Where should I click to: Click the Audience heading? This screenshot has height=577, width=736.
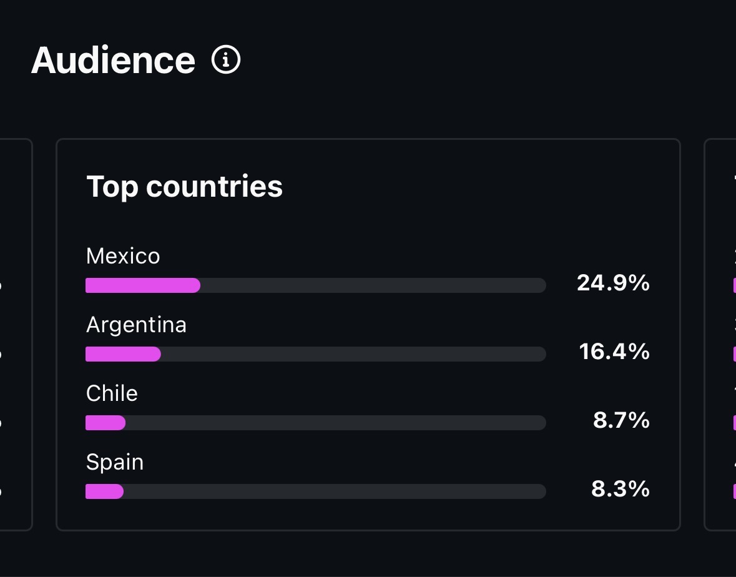(113, 61)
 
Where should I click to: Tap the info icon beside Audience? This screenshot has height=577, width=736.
(226, 60)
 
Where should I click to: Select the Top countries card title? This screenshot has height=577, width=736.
(184, 186)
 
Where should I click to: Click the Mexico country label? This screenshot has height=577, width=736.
(123, 256)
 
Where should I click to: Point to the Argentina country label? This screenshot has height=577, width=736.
(136, 325)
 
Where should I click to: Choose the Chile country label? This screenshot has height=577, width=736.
(112, 393)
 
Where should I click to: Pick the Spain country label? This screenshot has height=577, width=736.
(115, 462)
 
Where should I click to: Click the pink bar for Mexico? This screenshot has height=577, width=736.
(142, 285)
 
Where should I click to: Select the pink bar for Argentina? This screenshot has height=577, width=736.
(123, 354)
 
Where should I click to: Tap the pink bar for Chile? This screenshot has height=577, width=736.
(105, 423)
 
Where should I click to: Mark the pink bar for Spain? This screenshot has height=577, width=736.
(104, 491)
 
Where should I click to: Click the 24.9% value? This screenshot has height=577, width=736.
(613, 284)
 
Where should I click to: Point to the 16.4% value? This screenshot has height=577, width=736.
(614, 352)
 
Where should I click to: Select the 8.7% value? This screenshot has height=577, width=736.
(621, 421)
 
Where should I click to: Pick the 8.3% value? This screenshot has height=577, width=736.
(621, 490)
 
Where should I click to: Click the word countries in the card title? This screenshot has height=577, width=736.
(214, 186)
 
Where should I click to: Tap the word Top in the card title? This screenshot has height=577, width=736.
(112, 186)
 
